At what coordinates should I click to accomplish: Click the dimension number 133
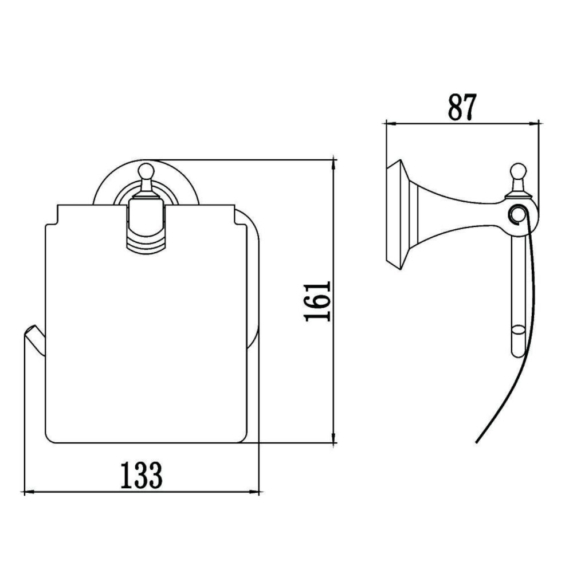pos(141,475)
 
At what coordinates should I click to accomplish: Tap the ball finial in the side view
pos(519,170)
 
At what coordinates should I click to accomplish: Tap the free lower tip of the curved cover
pos(477,442)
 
